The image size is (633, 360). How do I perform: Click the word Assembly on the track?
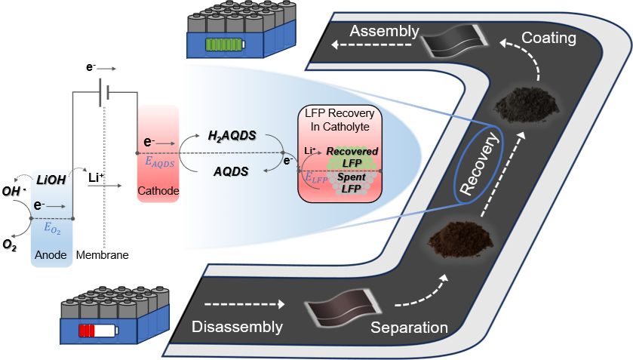pyautogui.click(x=384, y=32)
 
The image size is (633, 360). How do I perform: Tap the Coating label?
pyautogui.click(x=548, y=38)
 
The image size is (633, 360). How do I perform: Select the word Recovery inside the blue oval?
pyautogui.click(x=480, y=164)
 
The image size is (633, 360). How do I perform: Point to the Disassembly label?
pyautogui.click(x=237, y=327)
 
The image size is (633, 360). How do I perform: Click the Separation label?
pyautogui.click(x=409, y=328)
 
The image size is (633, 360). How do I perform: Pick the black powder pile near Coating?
pyautogui.click(x=526, y=106)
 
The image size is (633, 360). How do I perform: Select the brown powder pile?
pyautogui.click(x=461, y=239)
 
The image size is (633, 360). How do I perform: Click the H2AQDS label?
pyautogui.click(x=232, y=136)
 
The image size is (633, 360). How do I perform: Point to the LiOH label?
pyautogui.click(x=51, y=180)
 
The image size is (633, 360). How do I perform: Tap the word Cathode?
pyautogui.click(x=158, y=191)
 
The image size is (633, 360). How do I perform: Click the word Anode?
pyautogui.click(x=51, y=255)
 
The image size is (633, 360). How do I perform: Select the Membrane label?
pyautogui.click(x=102, y=255)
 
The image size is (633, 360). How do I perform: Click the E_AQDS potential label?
pyautogui.click(x=160, y=162)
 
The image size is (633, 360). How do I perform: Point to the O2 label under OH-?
pyautogui.click(x=10, y=245)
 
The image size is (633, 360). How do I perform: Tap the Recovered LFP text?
pyautogui.click(x=352, y=157)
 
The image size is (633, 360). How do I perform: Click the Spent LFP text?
pyautogui.click(x=352, y=183)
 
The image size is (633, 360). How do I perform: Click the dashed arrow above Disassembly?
pyautogui.click(x=244, y=304)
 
